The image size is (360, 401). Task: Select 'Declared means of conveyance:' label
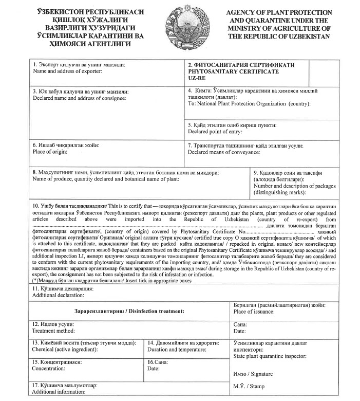point(224,152)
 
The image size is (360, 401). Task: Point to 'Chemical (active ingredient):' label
point(65,350)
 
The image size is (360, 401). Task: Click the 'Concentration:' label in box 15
point(49,369)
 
